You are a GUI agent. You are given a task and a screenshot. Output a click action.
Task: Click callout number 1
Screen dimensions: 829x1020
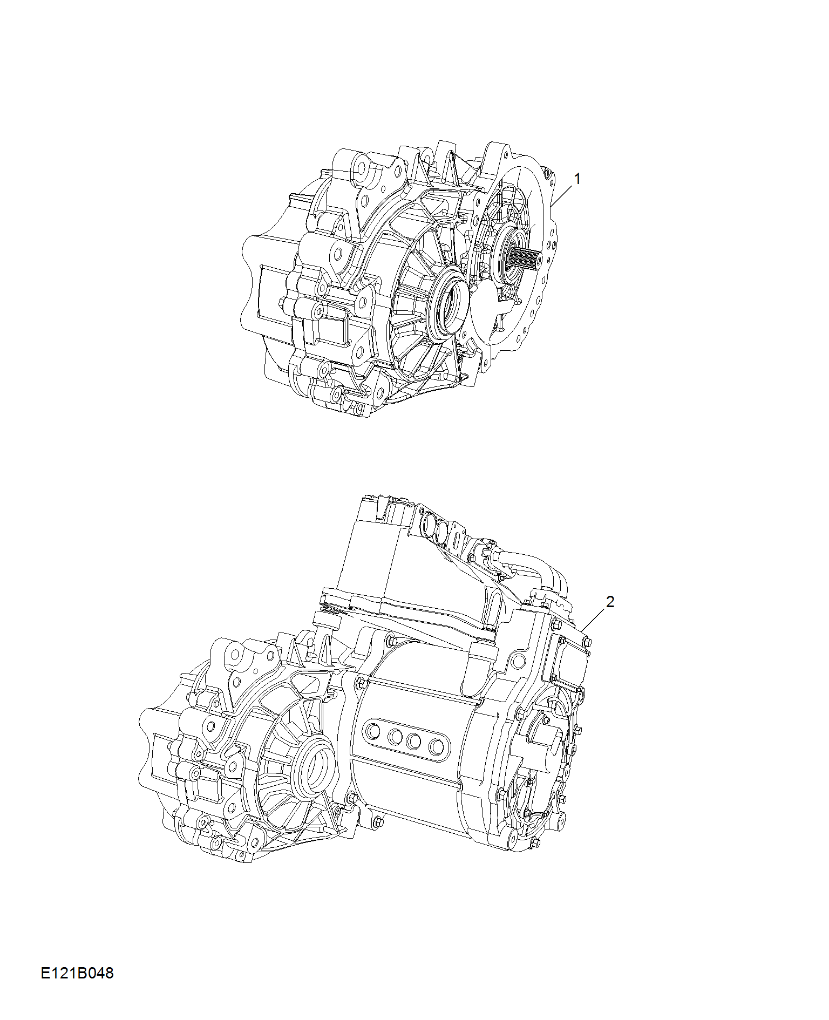(577, 179)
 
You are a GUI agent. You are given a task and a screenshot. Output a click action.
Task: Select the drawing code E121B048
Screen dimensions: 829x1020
(77, 973)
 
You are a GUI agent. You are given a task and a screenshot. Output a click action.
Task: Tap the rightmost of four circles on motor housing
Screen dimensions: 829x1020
(436, 747)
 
